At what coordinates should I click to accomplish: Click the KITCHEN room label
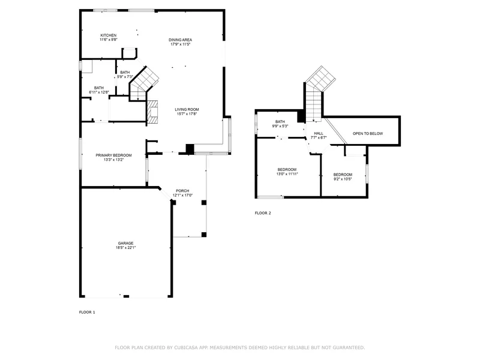(109, 35)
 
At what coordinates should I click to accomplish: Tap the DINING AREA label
(181, 40)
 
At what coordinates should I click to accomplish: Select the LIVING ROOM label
(187, 109)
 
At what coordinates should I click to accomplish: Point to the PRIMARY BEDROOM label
(113, 155)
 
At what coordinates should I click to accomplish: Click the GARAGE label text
(125, 244)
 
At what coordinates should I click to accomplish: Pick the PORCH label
(182, 191)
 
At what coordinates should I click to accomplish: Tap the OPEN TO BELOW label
(368, 133)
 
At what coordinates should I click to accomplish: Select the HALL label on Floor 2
(319, 133)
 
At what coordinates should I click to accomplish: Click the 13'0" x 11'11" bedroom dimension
(287, 174)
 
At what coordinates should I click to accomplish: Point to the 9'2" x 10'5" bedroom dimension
(343, 179)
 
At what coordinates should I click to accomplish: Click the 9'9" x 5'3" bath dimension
(280, 126)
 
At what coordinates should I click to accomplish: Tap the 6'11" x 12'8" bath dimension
(99, 92)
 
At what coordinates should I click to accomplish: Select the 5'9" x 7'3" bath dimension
(125, 77)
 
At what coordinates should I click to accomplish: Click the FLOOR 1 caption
(87, 312)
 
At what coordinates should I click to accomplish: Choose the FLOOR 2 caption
(263, 213)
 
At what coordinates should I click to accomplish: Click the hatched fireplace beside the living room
(153, 112)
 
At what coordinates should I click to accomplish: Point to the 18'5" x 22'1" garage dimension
(125, 248)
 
